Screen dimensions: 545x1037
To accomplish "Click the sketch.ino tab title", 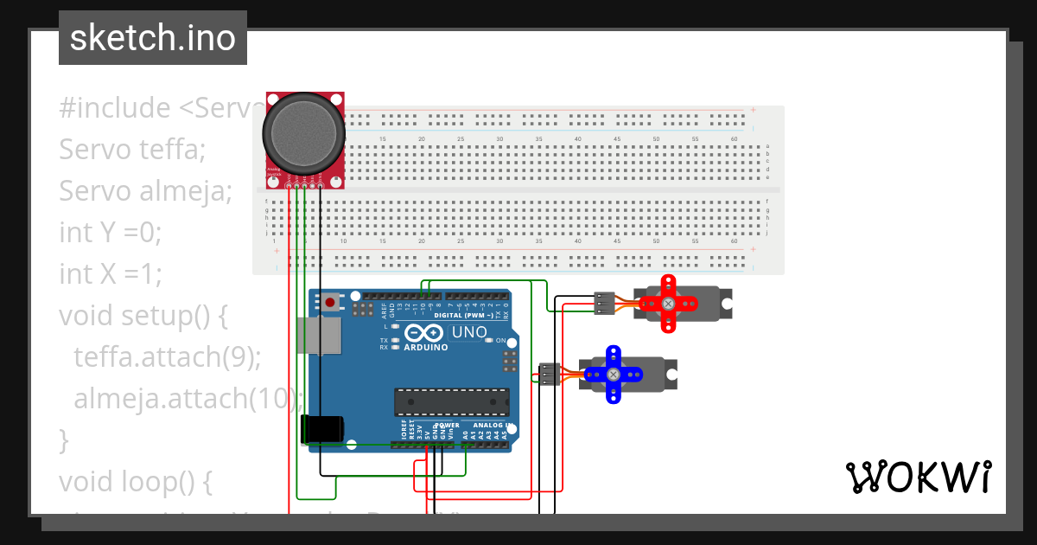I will click(152, 38).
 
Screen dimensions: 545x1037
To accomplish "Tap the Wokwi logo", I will click(918, 477).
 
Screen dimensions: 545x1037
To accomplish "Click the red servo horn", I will click(667, 304).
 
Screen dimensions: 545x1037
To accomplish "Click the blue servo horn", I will click(613, 374).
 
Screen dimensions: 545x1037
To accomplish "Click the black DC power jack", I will click(321, 429).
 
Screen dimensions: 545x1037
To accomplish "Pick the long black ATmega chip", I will click(451, 401).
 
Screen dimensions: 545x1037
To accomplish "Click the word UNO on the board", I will click(469, 332).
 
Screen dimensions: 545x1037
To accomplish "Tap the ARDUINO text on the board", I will click(425, 348).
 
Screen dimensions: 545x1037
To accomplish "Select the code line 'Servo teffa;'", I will click(132, 150).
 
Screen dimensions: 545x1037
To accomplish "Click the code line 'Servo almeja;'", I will click(145, 191).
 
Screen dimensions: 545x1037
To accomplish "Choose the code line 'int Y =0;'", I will click(110, 233).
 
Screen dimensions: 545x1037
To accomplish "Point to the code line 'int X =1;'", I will click(110, 274).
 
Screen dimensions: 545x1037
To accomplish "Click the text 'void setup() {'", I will click(143, 316).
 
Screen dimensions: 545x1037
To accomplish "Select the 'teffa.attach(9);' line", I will click(167, 357).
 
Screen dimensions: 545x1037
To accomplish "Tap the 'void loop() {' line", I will click(135, 481).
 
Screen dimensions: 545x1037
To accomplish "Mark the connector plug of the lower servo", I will click(549, 374).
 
